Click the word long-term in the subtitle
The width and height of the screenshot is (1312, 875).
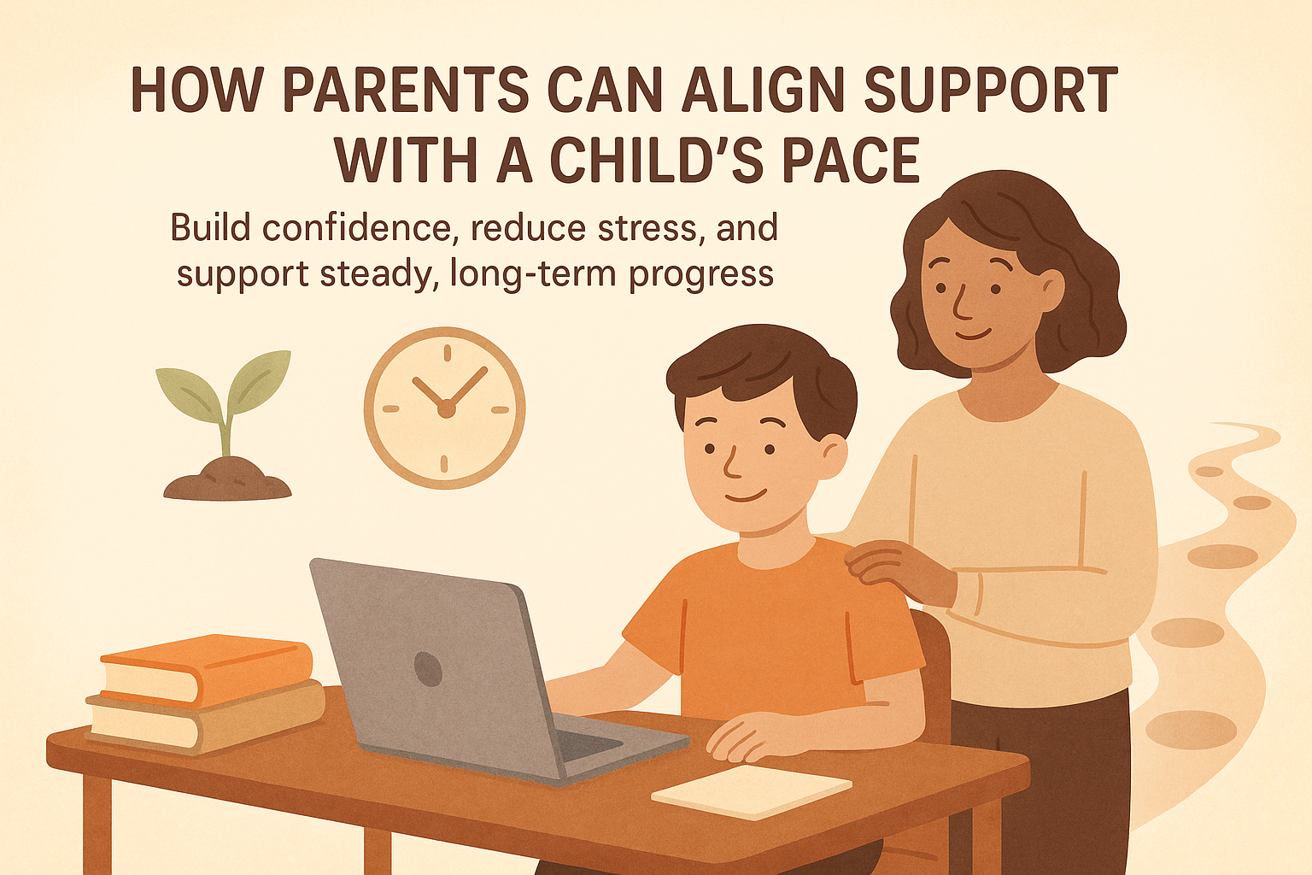[x=534, y=274]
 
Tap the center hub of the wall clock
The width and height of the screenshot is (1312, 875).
[x=445, y=409]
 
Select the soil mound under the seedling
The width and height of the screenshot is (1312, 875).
[x=227, y=480]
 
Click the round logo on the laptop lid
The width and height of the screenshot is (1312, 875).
[x=427, y=669]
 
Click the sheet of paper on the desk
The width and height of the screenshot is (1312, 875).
[x=751, y=791]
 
